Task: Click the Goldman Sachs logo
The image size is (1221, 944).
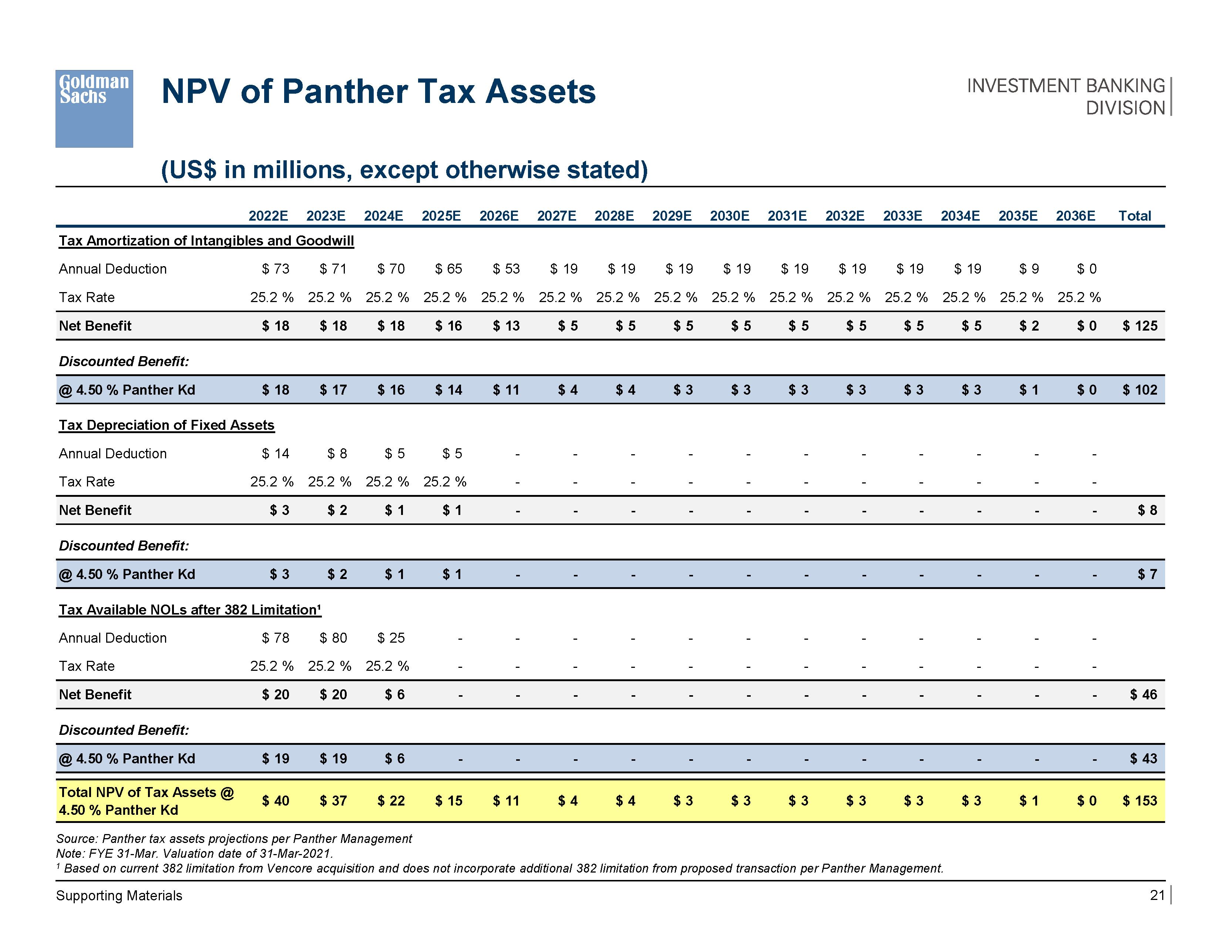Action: point(94,108)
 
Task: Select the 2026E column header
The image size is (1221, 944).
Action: point(499,216)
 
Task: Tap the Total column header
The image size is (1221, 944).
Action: point(1134,216)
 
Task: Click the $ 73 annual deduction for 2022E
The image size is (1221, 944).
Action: point(276,269)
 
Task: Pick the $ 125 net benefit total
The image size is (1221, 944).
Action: point(1140,326)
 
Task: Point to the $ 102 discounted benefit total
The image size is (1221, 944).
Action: point(1140,390)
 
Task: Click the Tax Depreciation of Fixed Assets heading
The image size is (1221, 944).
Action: point(166,425)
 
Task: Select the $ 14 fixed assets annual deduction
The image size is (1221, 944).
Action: point(276,453)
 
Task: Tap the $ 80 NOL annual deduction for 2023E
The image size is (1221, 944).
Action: point(333,638)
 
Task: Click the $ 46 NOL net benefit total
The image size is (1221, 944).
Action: point(1143,694)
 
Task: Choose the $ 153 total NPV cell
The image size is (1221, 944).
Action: point(1140,801)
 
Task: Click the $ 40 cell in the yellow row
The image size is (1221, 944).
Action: point(276,801)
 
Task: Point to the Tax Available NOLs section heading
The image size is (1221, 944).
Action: point(190,610)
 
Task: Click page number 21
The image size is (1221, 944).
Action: point(1157,896)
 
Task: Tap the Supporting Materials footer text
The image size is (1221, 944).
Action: point(119,896)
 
